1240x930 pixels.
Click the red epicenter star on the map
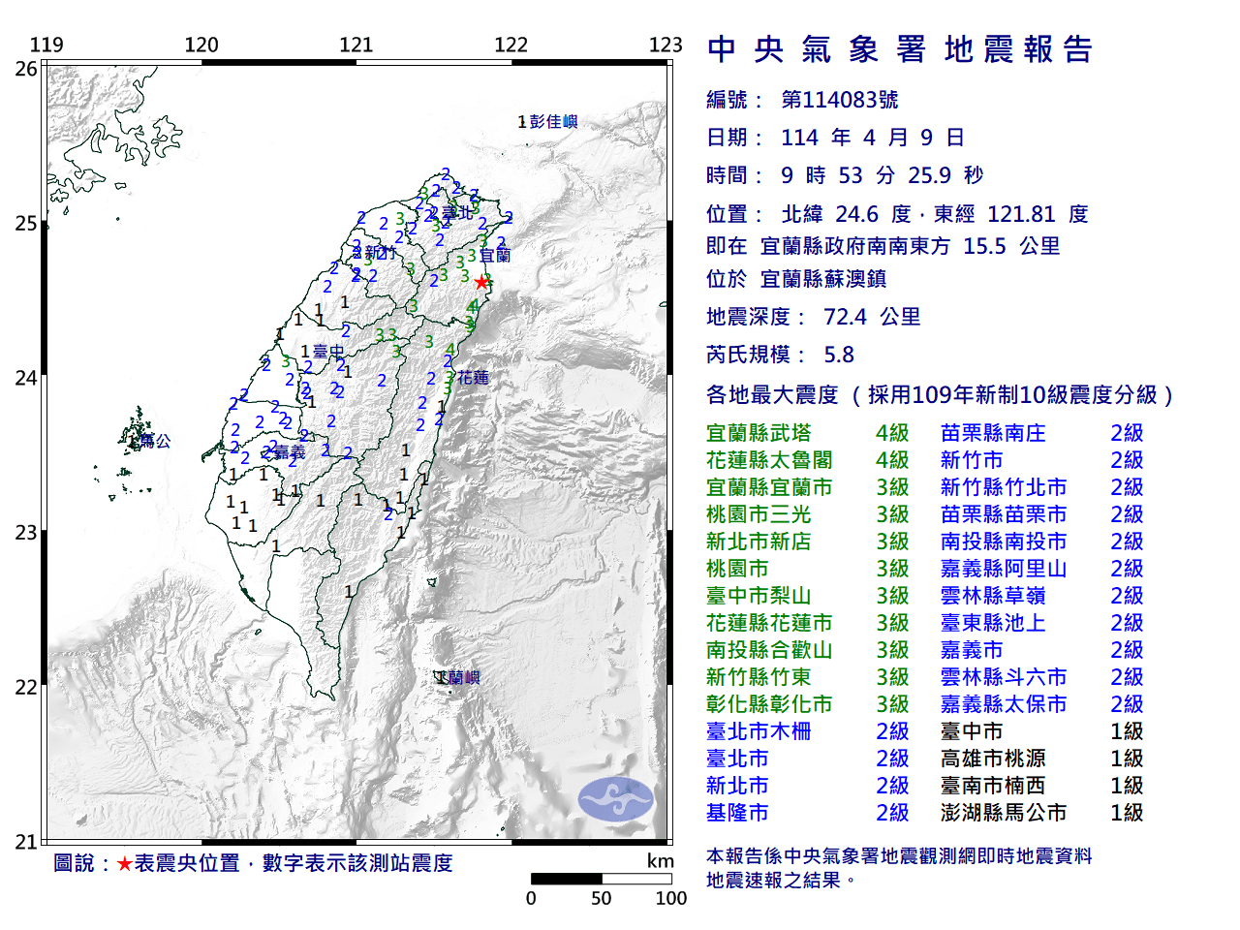click(481, 282)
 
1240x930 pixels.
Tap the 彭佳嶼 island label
click(553, 121)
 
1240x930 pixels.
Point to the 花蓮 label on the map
click(474, 377)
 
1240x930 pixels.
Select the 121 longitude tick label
click(356, 45)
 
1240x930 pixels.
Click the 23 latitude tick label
click(26, 532)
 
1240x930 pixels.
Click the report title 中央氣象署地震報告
click(900, 49)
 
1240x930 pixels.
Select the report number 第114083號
click(839, 100)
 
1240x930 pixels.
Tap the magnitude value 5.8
click(839, 355)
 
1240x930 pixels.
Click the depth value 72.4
click(845, 317)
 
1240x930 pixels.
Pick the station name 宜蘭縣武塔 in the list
click(759, 433)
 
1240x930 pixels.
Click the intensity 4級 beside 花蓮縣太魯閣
click(892, 460)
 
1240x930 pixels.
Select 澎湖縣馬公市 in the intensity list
click(1003, 813)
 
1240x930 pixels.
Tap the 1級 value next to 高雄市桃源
click(1127, 759)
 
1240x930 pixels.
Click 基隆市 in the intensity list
click(737, 813)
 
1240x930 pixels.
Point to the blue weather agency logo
click(616, 799)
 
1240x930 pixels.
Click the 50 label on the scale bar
click(601, 898)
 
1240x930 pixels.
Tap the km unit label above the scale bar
click(660, 861)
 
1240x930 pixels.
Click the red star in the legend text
click(124, 863)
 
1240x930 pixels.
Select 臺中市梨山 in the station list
click(759, 596)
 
